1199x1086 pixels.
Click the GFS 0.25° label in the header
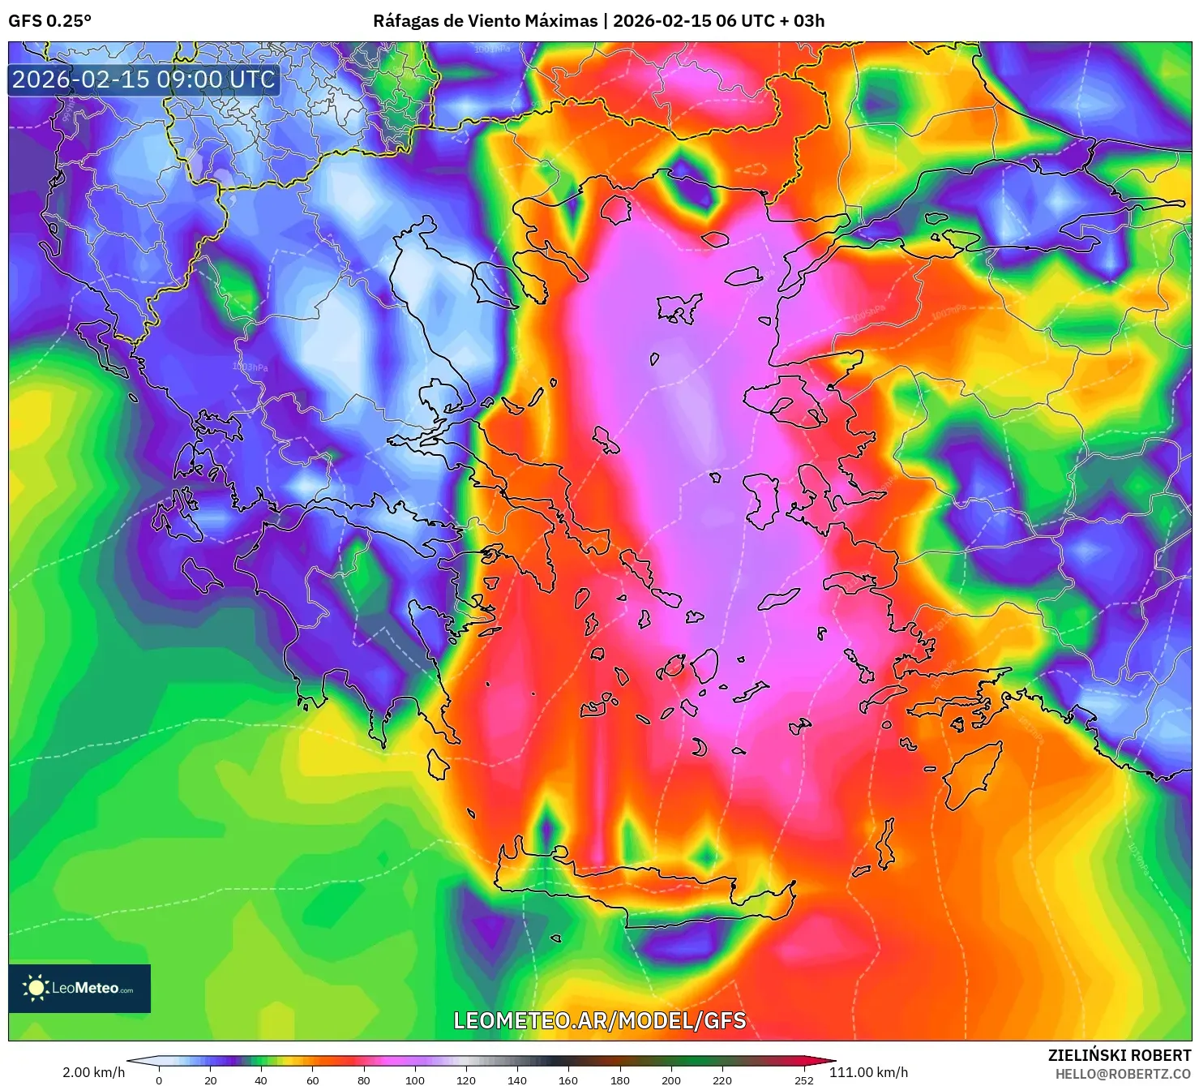[50, 21]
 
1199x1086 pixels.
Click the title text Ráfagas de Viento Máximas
[485, 21]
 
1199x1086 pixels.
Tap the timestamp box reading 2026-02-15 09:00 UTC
[144, 79]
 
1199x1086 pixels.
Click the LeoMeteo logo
[79, 988]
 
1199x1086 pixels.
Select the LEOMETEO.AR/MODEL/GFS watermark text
[599, 1020]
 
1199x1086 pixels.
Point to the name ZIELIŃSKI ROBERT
[1120, 1055]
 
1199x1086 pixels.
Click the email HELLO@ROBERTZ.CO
[1123, 1074]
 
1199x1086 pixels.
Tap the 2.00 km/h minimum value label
[94, 1072]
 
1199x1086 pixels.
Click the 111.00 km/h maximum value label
[868, 1072]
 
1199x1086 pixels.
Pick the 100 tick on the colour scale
[414, 1080]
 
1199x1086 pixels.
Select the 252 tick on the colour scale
[803, 1080]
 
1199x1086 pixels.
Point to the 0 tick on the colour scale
[159, 1080]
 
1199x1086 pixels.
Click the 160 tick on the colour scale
[568, 1080]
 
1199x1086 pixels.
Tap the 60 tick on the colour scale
[312, 1080]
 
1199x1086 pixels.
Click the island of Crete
[649, 888]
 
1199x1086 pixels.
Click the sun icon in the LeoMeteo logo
[36, 988]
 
